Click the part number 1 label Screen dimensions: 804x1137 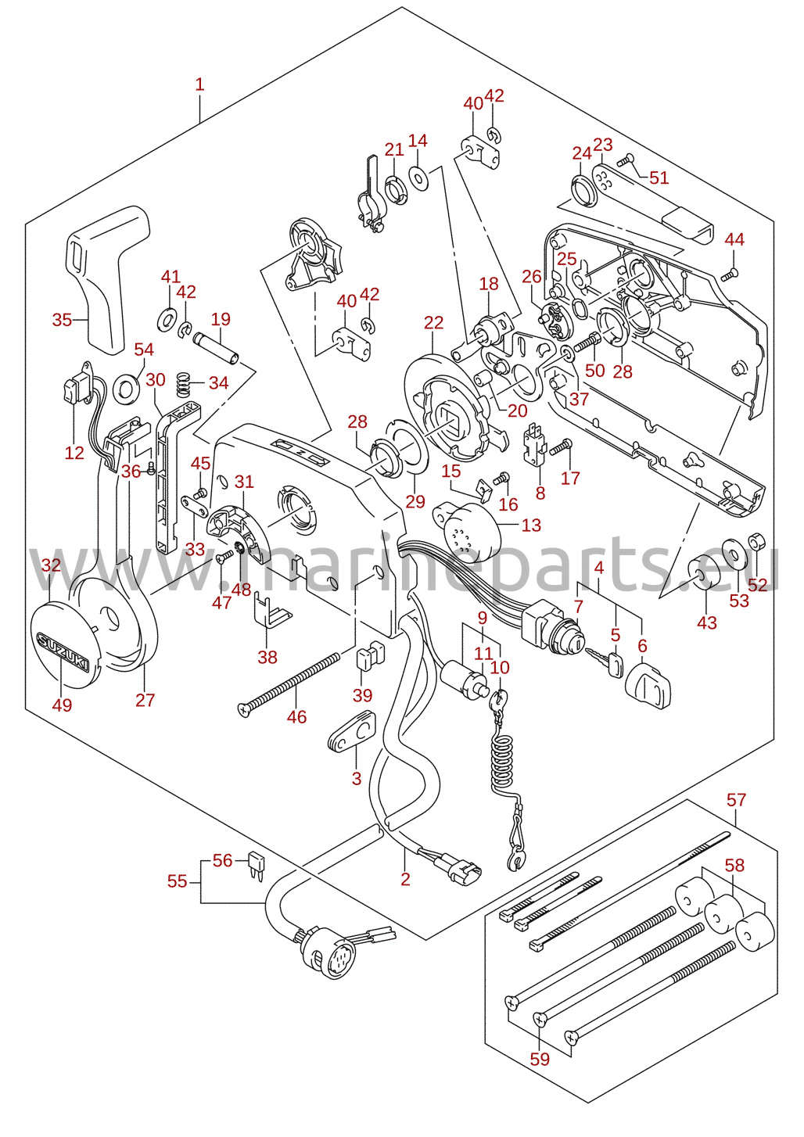coord(200,84)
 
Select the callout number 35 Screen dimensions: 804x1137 coord(62,320)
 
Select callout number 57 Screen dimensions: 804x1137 coord(736,800)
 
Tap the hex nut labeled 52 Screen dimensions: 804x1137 coord(757,541)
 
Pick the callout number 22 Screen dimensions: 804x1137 coord(433,323)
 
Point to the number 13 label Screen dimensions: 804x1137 coord(531,525)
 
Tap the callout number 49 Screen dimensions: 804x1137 coord(62,705)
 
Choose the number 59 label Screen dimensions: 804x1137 coord(540,1059)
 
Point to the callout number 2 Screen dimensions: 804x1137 coord(405,879)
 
